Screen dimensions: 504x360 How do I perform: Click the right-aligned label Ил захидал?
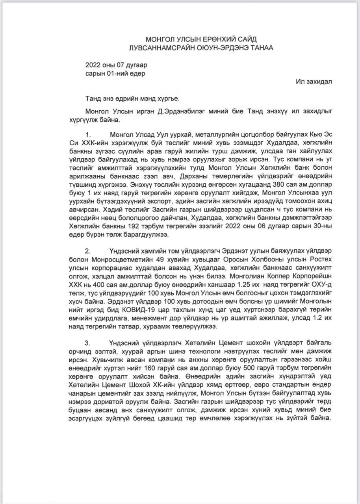tap(314, 82)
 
